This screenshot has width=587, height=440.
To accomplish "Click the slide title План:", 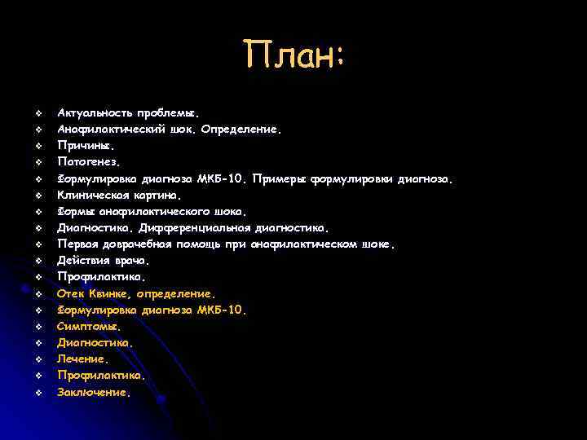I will pos(295,56).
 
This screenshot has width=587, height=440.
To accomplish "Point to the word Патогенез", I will pos(82,161).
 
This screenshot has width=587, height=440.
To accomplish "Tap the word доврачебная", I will pos(135,244).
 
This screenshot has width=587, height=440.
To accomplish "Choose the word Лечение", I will pos(81,359).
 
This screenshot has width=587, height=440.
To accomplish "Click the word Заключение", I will pos(92,392).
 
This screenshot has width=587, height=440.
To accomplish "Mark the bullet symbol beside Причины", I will pos(38,145).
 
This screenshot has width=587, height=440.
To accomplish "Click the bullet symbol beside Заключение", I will pos(38,393).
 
